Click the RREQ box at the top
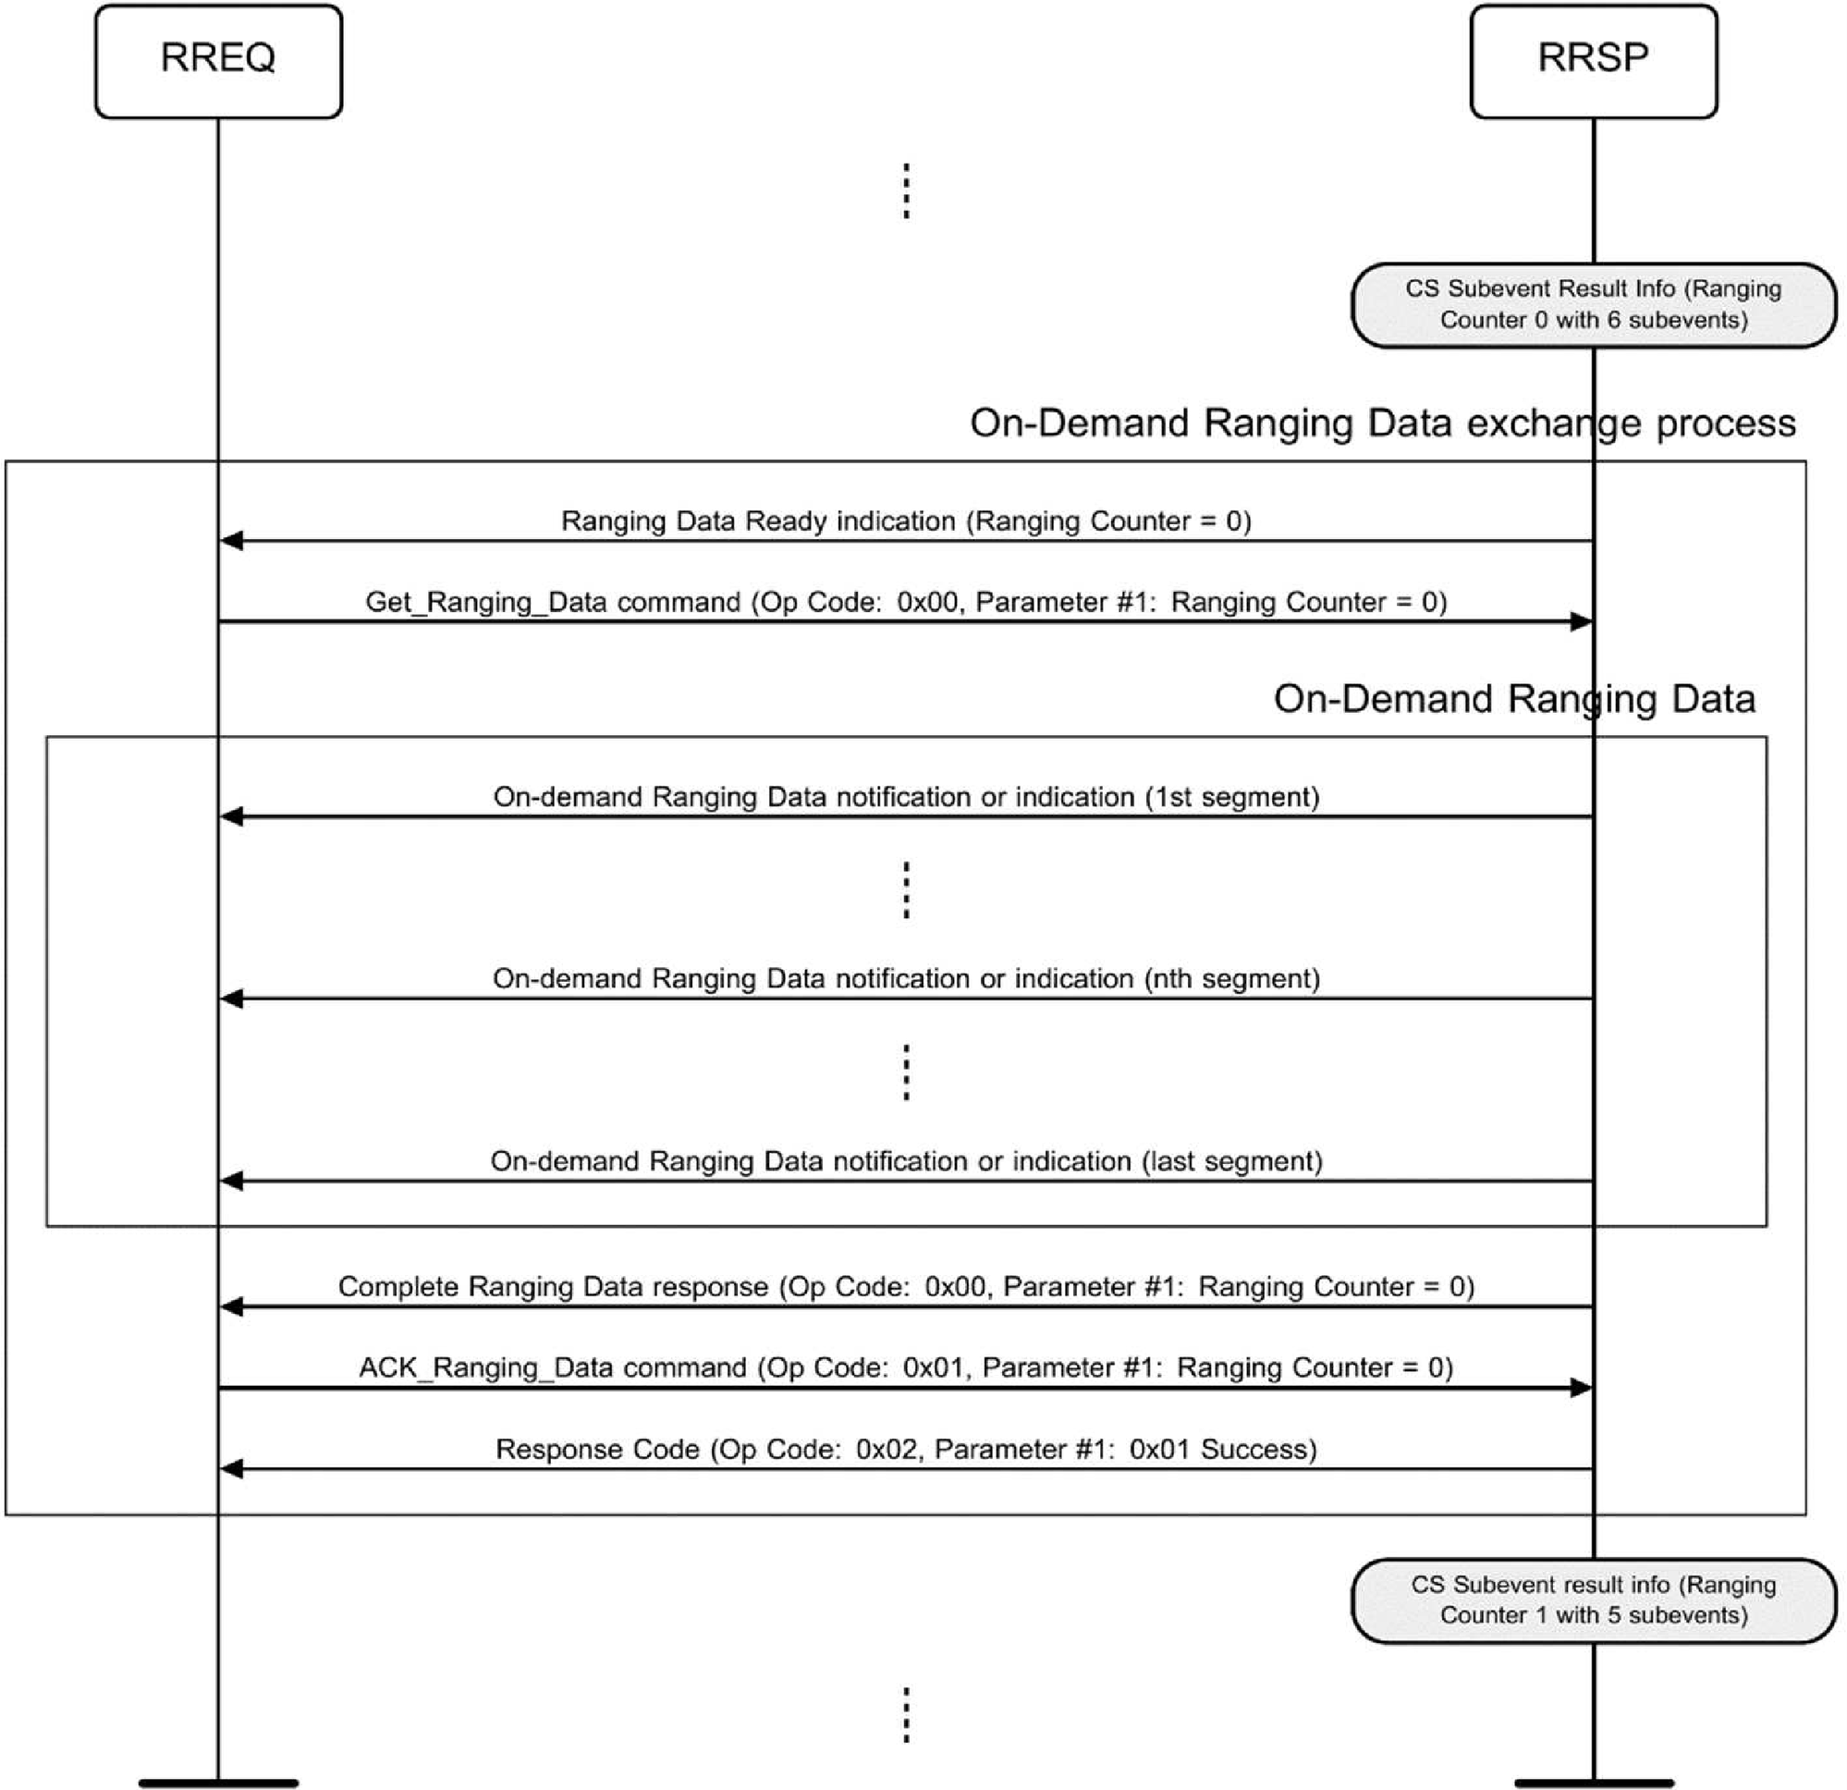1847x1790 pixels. [217, 61]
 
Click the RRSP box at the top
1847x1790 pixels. [1593, 61]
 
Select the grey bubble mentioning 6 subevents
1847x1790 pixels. [1593, 304]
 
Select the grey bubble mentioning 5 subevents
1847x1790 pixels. [1593, 1600]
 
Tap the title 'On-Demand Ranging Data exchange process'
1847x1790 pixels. [1382, 423]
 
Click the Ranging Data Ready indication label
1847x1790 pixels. [906, 521]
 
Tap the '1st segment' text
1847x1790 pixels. [1231, 797]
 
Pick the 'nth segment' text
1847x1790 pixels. [1231, 978]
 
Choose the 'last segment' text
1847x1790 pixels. [1231, 1161]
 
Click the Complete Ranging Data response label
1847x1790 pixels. [906, 1287]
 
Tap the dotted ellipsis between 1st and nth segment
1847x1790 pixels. [906, 889]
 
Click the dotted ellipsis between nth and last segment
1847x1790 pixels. [906, 1072]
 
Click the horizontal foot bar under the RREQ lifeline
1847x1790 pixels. [217, 1783]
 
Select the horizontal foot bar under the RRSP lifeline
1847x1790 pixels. [1593, 1783]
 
